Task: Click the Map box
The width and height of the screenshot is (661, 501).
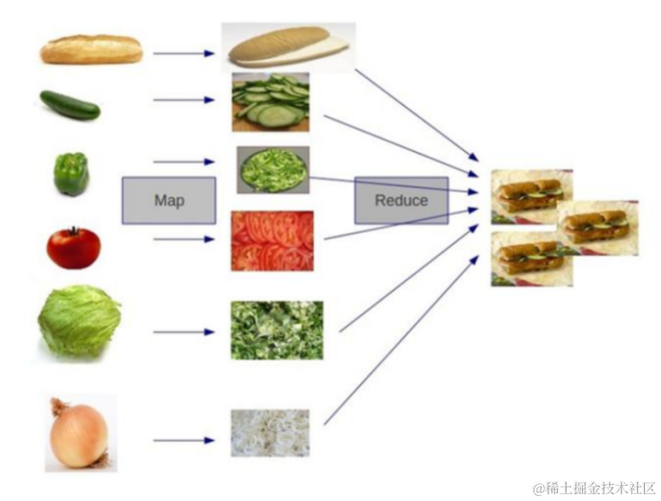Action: coord(168,201)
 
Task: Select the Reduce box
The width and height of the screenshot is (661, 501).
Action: coord(401,201)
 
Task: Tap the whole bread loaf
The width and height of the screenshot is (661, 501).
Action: coord(91,49)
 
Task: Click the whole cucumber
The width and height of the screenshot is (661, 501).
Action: coord(69,104)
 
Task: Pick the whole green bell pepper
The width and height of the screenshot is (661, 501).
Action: coord(71,174)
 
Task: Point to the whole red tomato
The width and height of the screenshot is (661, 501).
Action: coord(74,247)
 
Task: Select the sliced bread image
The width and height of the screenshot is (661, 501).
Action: coord(288,46)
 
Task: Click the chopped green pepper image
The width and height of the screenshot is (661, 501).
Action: coord(273,169)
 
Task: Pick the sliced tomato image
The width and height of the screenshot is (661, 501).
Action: coord(273,240)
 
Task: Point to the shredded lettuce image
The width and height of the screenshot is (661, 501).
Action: coord(277,330)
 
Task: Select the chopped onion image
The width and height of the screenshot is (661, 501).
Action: coord(270,433)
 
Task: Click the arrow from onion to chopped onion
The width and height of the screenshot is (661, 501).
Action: coord(184,440)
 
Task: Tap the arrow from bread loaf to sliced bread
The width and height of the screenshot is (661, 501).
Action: coord(184,53)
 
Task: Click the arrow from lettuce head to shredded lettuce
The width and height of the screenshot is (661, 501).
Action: coord(184,332)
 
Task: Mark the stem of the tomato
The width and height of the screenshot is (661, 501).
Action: coord(74,229)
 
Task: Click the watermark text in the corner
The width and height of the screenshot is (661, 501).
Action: coord(593,488)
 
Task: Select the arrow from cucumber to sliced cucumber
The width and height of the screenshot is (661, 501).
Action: coord(184,100)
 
